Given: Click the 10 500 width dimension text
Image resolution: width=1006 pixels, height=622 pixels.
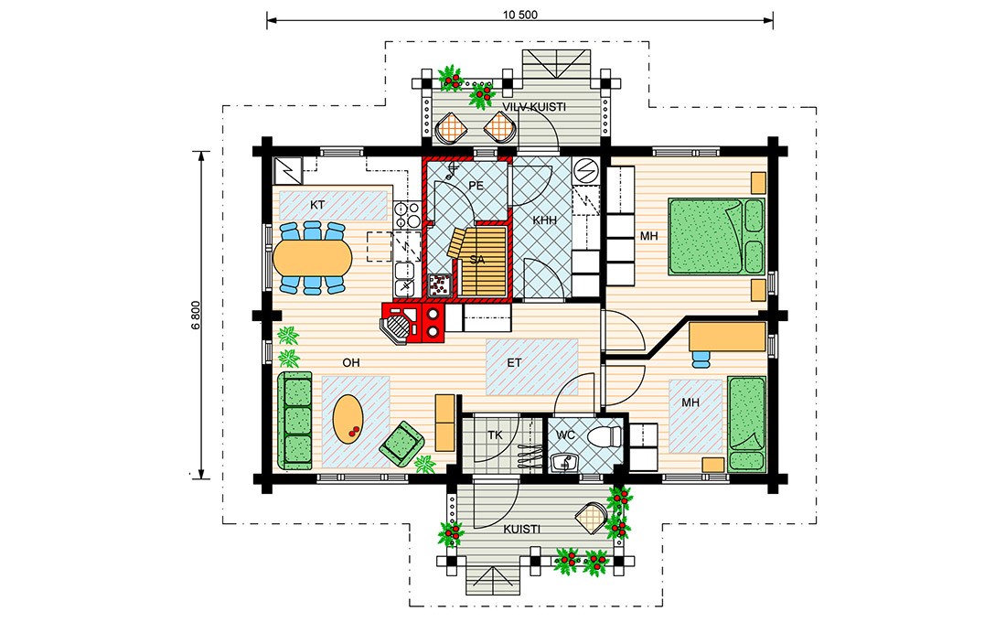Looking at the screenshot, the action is click(519, 15).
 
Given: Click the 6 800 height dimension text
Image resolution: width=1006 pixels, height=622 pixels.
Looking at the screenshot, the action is click(197, 315).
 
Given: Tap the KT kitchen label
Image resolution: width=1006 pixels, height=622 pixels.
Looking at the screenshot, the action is click(317, 206).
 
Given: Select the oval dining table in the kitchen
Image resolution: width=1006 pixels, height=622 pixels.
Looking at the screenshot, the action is click(313, 258).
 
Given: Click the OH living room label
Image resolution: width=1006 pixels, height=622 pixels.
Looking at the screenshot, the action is click(351, 362).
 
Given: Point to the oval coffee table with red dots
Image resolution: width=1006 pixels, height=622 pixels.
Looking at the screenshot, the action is click(348, 419).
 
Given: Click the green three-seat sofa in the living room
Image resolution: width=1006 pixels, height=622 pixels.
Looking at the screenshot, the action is click(295, 421).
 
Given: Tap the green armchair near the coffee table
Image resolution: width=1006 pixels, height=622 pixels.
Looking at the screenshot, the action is click(401, 443).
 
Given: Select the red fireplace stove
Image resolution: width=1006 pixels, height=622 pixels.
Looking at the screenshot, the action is click(413, 322).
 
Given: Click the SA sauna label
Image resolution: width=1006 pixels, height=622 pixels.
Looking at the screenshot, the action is click(477, 260).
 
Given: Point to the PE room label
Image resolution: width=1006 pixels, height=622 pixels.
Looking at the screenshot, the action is click(476, 186).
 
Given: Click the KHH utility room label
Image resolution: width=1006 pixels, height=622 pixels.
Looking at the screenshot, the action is click(544, 220).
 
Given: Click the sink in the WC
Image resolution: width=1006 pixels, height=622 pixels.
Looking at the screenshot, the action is click(564, 461).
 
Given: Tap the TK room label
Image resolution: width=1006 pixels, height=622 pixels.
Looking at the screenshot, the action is click(495, 435).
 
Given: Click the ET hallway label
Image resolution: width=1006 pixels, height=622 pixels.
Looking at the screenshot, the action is click(515, 362).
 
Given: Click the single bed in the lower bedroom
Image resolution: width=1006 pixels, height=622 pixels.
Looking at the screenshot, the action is click(747, 423).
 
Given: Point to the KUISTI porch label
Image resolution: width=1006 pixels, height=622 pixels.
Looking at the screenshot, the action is click(521, 530).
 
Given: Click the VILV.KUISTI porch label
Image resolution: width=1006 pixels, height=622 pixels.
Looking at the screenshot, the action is click(534, 107).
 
